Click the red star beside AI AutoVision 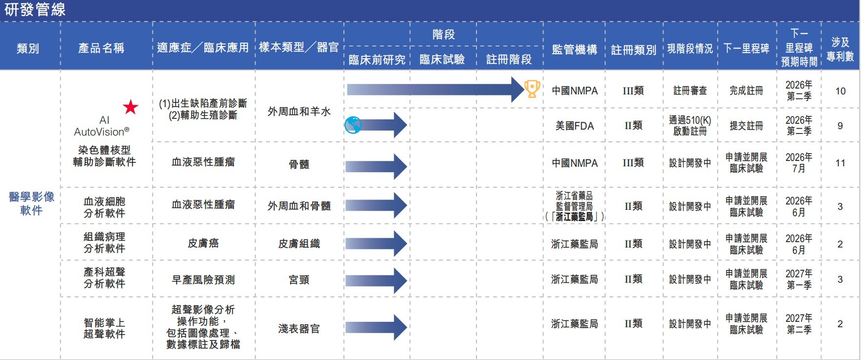[131, 107]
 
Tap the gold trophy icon [532, 89]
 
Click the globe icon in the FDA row [353, 126]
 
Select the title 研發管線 [35, 10]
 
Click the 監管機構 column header [574, 49]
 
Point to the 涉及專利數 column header [840, 49]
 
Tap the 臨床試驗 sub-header [442, 59]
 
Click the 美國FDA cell [574, 126]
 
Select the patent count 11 [840, 163]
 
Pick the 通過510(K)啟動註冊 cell [690, 126]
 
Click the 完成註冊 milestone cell [746, 90]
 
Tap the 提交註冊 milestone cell [746, 126]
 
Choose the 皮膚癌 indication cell [203, 243]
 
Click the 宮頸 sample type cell [299, 279]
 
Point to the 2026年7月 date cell [798, 163]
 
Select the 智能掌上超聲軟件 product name [104, 328]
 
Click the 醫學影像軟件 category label [31, 203]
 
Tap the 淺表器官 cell [299, 329]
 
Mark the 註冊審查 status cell [690, 90]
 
